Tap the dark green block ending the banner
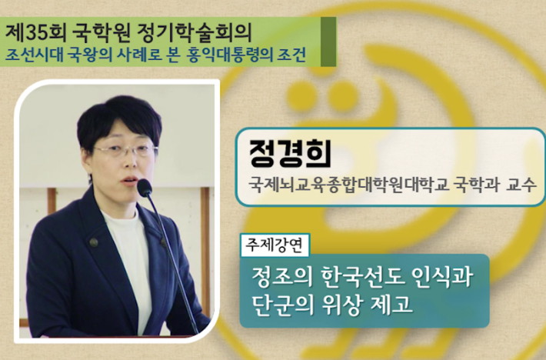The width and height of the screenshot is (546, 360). click(328, 42)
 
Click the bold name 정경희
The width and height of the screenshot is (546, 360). click(290, 153)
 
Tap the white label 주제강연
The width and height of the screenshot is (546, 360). click(275, 245)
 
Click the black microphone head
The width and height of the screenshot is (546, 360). click(144, 188)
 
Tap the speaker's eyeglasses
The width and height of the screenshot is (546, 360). click(125, 150)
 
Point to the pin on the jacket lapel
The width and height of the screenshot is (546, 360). click(93, 242)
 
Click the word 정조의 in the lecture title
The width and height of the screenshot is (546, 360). click(281, 277)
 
